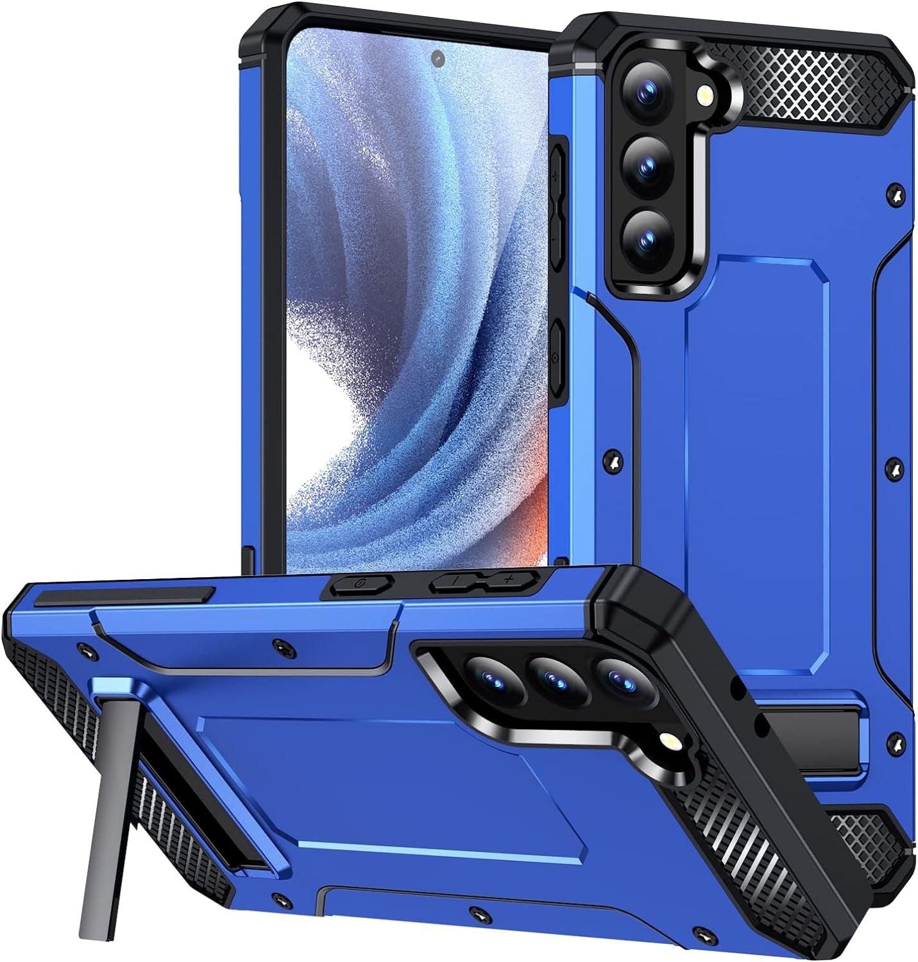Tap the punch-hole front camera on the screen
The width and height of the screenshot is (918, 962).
(x=438, y=59)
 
